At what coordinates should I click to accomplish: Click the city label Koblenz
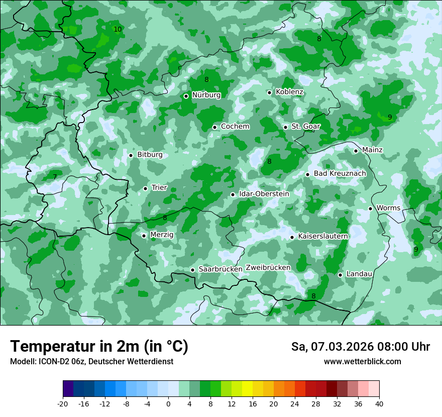point(289,92)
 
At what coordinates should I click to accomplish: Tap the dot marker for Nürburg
point(186,96)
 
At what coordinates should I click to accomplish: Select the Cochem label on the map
point(235,127)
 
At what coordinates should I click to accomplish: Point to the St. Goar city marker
point(285,127)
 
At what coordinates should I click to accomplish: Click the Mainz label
point(372,150)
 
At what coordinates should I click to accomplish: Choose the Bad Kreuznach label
point(340,174)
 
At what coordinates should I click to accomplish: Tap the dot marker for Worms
point(370,208)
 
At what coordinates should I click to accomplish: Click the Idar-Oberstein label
point(264,194)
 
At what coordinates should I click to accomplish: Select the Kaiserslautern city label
point(323,236)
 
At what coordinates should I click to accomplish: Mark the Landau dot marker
point(340,275)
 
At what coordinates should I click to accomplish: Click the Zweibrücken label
point(268,268)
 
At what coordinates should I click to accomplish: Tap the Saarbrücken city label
point(220,269)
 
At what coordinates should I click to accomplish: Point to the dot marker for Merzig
point(144,236)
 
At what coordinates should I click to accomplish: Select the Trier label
point(159,188)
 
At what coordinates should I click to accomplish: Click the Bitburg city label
point(150,155)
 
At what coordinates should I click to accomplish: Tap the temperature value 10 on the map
point(118,30)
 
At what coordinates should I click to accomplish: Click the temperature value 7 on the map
point(55,177)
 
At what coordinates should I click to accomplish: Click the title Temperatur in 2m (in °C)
point(99,347)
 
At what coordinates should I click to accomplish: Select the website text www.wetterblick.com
point(362,362)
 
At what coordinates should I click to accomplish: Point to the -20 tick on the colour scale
point(63,404)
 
